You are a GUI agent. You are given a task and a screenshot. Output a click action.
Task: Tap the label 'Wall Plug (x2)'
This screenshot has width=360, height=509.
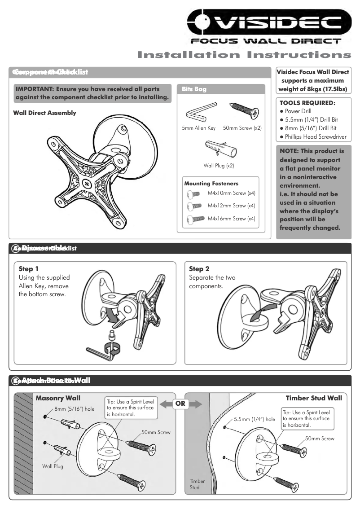coord(219,166)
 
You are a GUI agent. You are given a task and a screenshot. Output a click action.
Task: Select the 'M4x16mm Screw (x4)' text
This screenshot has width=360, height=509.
coord(231,219)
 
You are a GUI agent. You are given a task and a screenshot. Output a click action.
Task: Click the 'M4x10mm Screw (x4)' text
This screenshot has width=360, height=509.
coord(231,193)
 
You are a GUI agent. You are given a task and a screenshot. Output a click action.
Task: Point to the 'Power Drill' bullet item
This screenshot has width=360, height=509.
coord(298,111)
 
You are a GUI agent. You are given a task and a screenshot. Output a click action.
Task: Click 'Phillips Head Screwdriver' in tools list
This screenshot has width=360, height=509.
coord(316,137)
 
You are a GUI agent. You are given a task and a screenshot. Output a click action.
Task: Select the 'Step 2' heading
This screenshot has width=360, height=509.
coord(199,269)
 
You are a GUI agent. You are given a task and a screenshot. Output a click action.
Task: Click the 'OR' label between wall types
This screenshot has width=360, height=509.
coord(180,404)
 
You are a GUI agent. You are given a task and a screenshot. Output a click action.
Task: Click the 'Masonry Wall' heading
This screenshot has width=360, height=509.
coord(58,398)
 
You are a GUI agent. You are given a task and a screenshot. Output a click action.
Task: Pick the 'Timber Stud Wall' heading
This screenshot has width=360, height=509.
coord(314,398)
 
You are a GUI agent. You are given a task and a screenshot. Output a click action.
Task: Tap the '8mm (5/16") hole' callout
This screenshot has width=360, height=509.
coord(74,409)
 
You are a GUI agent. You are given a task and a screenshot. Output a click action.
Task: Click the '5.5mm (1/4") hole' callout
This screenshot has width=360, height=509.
coord(255,419)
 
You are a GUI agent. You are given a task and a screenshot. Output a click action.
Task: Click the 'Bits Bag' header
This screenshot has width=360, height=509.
coord(194,89)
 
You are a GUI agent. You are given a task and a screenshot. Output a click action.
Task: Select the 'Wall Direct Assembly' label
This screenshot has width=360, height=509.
coord(44,113)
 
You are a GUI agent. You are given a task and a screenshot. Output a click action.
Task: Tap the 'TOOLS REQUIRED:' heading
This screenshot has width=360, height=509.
coord(307,103)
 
